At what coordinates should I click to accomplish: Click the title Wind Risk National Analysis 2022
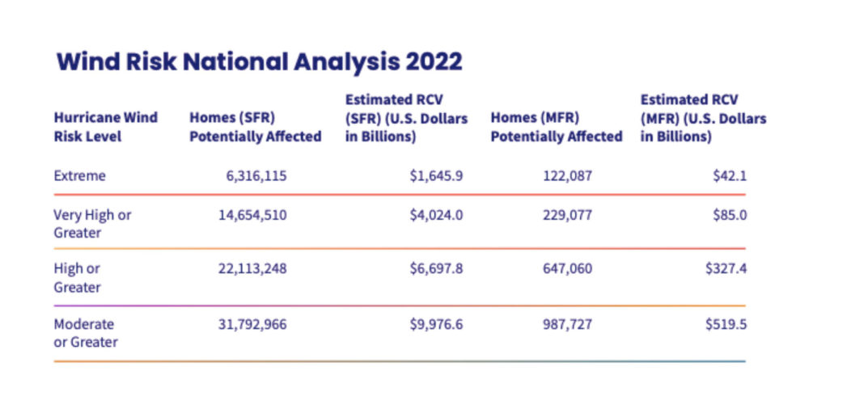point(259,62)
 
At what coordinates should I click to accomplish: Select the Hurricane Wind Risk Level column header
point(105,127)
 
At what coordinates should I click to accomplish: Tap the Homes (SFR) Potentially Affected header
point(255,127)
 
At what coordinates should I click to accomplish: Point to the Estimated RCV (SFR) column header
point(406,118)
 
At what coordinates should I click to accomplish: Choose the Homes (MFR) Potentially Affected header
point(556,127)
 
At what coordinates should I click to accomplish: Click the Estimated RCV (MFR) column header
point(702,118)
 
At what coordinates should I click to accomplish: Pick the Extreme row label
point(79,175)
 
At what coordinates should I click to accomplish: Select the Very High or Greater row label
point(91,224)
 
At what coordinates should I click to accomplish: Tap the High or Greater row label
point(77,277)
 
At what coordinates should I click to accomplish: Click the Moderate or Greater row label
point(85,333)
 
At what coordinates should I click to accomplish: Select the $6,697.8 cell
point(436,268)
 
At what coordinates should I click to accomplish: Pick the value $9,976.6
point(436,324)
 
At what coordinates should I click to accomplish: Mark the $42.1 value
point(729,175)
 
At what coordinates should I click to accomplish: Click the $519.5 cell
point(725,324)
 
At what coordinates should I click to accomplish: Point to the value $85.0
point(729,215)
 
